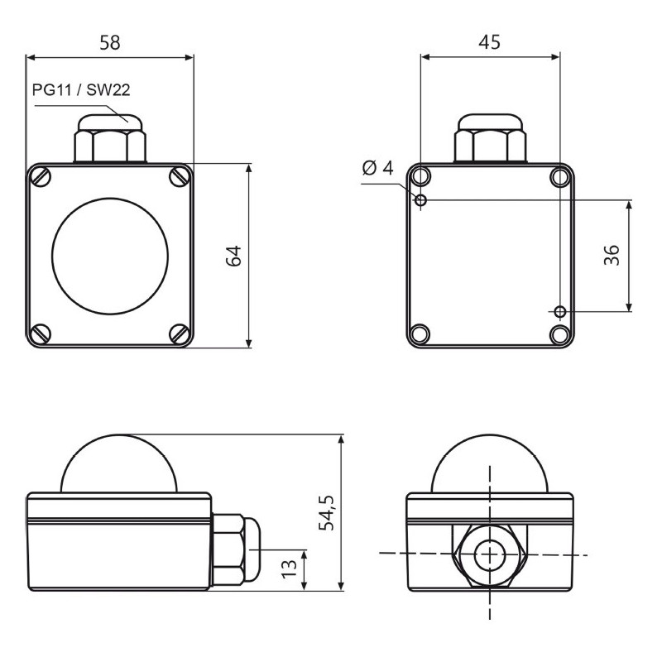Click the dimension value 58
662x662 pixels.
click(109, 42)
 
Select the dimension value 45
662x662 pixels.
click(489, 42)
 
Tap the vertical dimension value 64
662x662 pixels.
click(234, 256)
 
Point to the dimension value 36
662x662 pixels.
click(612, 256)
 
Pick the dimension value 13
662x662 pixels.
click(290, 568)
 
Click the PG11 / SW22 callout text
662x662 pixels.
click(81, 90)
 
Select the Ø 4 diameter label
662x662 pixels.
click(377, 169)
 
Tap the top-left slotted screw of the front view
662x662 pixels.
click(41, 176)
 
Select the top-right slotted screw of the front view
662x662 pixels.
click(179, 176)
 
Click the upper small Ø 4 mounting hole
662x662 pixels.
click(421, 200)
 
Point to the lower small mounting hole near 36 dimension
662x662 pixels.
click(560, 311)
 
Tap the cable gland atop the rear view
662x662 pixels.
click(490, 138)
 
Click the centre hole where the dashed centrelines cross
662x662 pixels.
click(490, 554)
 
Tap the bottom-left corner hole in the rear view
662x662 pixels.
click(420, 333)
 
